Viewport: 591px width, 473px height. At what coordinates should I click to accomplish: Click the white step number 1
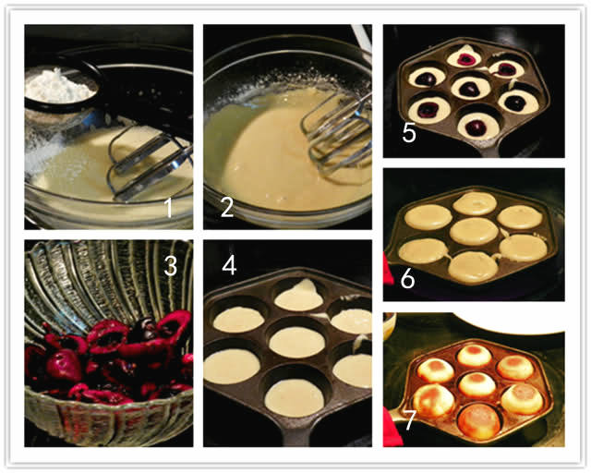pos(169,208)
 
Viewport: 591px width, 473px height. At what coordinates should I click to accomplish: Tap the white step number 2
pos(227,208)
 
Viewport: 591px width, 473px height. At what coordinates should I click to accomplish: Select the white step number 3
pos(170,266)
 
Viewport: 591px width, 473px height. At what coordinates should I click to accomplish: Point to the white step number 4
pos(229,265)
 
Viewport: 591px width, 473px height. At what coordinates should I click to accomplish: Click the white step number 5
pos(409,133)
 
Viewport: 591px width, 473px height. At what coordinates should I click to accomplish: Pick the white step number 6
pos(407,279)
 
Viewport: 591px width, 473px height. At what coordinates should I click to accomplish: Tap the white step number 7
pos(410,420)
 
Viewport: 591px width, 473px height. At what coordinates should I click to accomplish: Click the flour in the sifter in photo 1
pos(59,86)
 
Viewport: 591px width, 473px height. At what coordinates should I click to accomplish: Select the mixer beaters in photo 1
pos(149,163)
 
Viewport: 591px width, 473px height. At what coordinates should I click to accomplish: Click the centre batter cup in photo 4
pos(297,343)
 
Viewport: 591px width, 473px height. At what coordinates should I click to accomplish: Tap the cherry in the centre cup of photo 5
pos(470,89)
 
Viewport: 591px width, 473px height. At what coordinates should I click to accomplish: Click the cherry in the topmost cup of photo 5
pos(466,59)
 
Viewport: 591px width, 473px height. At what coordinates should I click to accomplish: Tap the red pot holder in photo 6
pos(388,269)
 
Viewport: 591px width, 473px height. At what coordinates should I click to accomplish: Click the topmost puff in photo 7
pos(475,356)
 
